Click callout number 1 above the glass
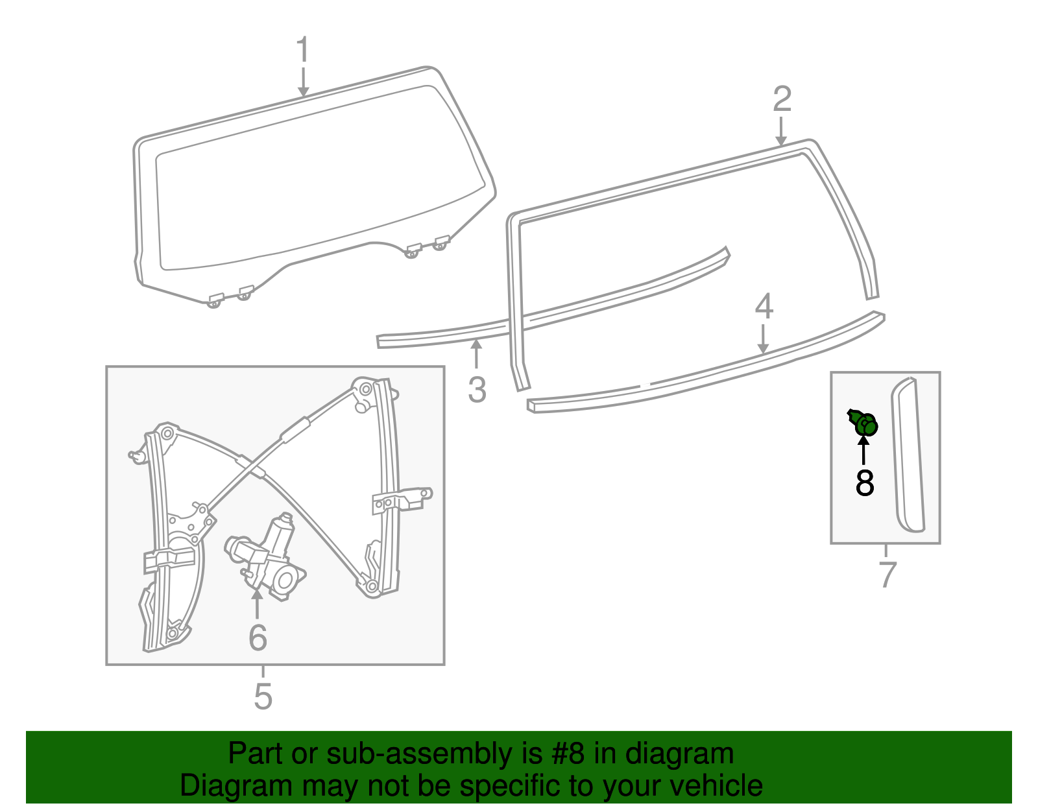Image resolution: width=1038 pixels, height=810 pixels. click(x=303, y=51)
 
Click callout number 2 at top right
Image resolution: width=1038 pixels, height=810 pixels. click(x=782, y=99)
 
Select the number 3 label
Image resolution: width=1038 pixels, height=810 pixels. click(x=477, y=390)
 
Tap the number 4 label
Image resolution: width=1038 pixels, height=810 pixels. click(x=764, y=307)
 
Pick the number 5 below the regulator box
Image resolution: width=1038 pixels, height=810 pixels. click(x=263, y=697)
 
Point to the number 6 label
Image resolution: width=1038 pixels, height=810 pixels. click(x=258, y=638)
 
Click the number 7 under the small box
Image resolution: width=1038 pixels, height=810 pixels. click(x=887, y=574)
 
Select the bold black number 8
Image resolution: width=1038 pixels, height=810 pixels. click(x=865, y=484)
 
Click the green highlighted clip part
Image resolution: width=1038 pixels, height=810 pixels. click(x=865, y=424)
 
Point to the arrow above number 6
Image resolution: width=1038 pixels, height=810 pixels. click(x=258, y=604)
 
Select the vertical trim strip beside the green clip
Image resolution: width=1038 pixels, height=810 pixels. click(x=908, y=454)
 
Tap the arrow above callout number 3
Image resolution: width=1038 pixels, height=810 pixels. click(x=477, y=355)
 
